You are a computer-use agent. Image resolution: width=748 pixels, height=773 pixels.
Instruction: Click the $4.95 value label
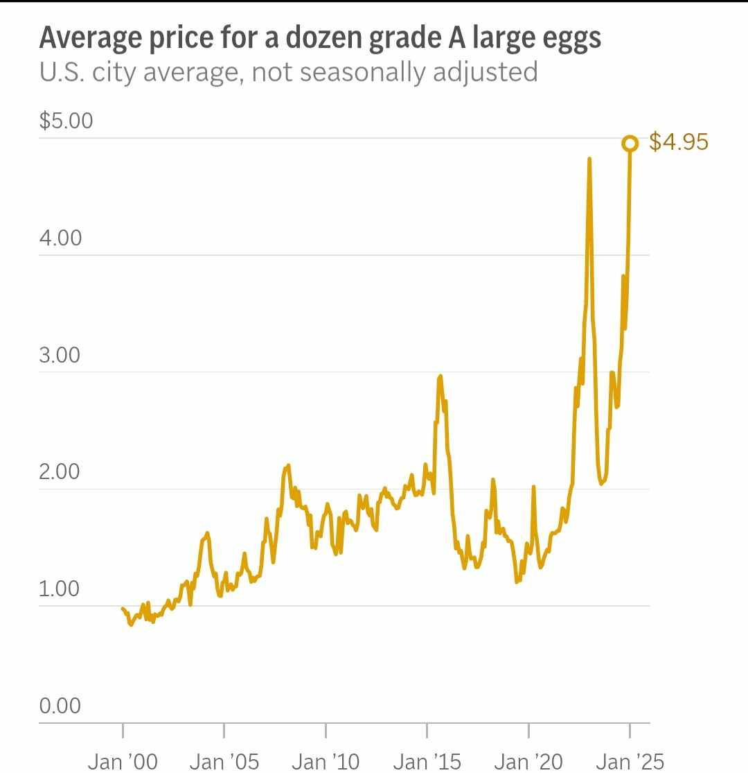click(x=679, y=143)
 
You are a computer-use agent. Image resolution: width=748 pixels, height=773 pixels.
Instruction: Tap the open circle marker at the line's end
click(x=630, y=144)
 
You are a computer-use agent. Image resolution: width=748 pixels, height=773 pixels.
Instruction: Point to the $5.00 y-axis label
click(x=66, y=121)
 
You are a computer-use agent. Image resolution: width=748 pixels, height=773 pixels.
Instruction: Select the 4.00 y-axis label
click(x=60, y=238)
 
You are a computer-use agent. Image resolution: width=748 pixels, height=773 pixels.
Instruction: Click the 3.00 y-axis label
click(x=60, y=355)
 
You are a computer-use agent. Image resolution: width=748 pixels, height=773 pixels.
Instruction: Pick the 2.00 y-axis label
click(x=60, y=471)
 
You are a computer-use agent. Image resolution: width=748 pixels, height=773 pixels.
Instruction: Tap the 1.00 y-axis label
click(x=60, y=589)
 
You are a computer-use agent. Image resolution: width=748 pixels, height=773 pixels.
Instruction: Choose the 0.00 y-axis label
click(x=60, y=706)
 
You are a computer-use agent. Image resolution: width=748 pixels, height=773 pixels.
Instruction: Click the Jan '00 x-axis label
click(x=123, y=761)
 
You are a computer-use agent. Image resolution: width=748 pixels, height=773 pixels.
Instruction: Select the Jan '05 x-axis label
click(x=224, y=761)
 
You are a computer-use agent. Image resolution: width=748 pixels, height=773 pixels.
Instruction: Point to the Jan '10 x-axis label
click(x=326, y=761)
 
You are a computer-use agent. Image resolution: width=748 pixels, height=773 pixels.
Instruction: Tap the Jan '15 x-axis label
click(x=427, y=761)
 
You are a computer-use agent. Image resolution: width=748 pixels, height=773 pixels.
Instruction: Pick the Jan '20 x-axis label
click(x=528, y=761)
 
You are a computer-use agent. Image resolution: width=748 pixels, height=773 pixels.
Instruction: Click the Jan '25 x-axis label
click(x=630, y=761)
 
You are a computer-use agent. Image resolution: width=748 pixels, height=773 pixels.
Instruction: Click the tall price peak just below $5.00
click(x=589, y=159)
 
